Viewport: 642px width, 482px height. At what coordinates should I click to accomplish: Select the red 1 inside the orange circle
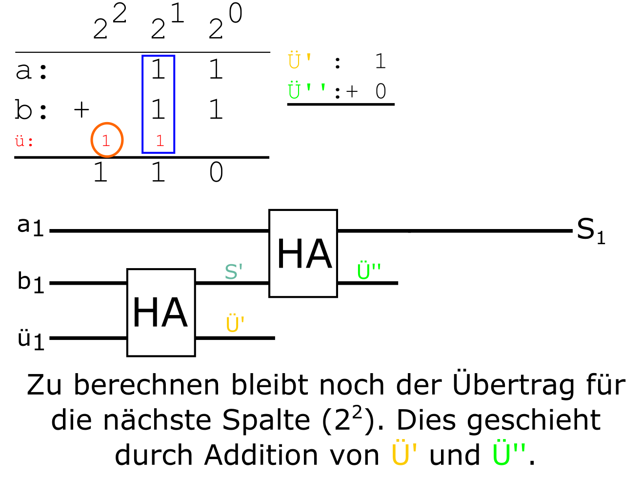coord(106,141)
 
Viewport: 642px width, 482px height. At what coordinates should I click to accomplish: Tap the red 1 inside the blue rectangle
coord(160,141)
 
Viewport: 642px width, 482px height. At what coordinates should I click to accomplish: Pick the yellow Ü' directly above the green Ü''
coord(299,61)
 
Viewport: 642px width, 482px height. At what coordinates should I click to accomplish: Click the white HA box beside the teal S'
coord(303,253)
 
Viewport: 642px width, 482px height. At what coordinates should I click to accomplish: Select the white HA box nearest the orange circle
coord(161,313)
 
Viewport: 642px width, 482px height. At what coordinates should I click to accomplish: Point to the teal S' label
coord(233,272)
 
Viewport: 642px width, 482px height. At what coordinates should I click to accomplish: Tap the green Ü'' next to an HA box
coord(368,271)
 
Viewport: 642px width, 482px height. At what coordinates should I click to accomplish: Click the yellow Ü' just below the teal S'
coord(235,324)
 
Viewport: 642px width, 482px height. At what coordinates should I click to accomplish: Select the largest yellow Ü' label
coord(404,454)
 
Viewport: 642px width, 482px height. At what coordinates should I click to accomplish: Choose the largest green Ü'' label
coord(509,454)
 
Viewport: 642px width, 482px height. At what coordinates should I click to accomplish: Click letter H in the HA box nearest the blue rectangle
coord(145,313)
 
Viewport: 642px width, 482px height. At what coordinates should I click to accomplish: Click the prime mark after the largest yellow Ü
coord(414,447)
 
